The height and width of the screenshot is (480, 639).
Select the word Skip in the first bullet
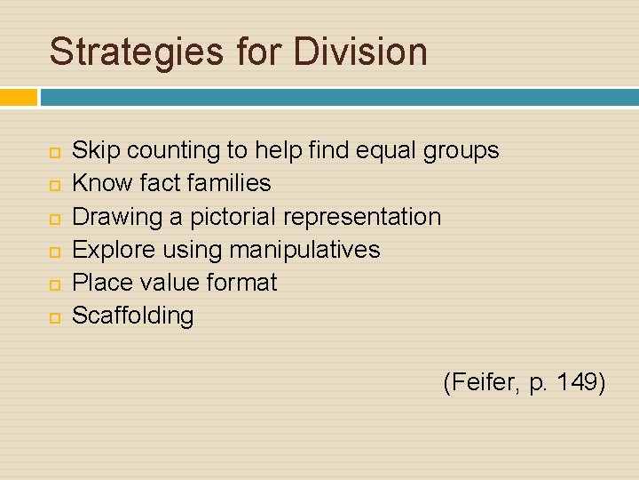click(95, 150)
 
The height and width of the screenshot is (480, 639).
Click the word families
click(227, 183)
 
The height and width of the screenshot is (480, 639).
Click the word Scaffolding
click(132, 316)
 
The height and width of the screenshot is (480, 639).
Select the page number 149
click(578, 383)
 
